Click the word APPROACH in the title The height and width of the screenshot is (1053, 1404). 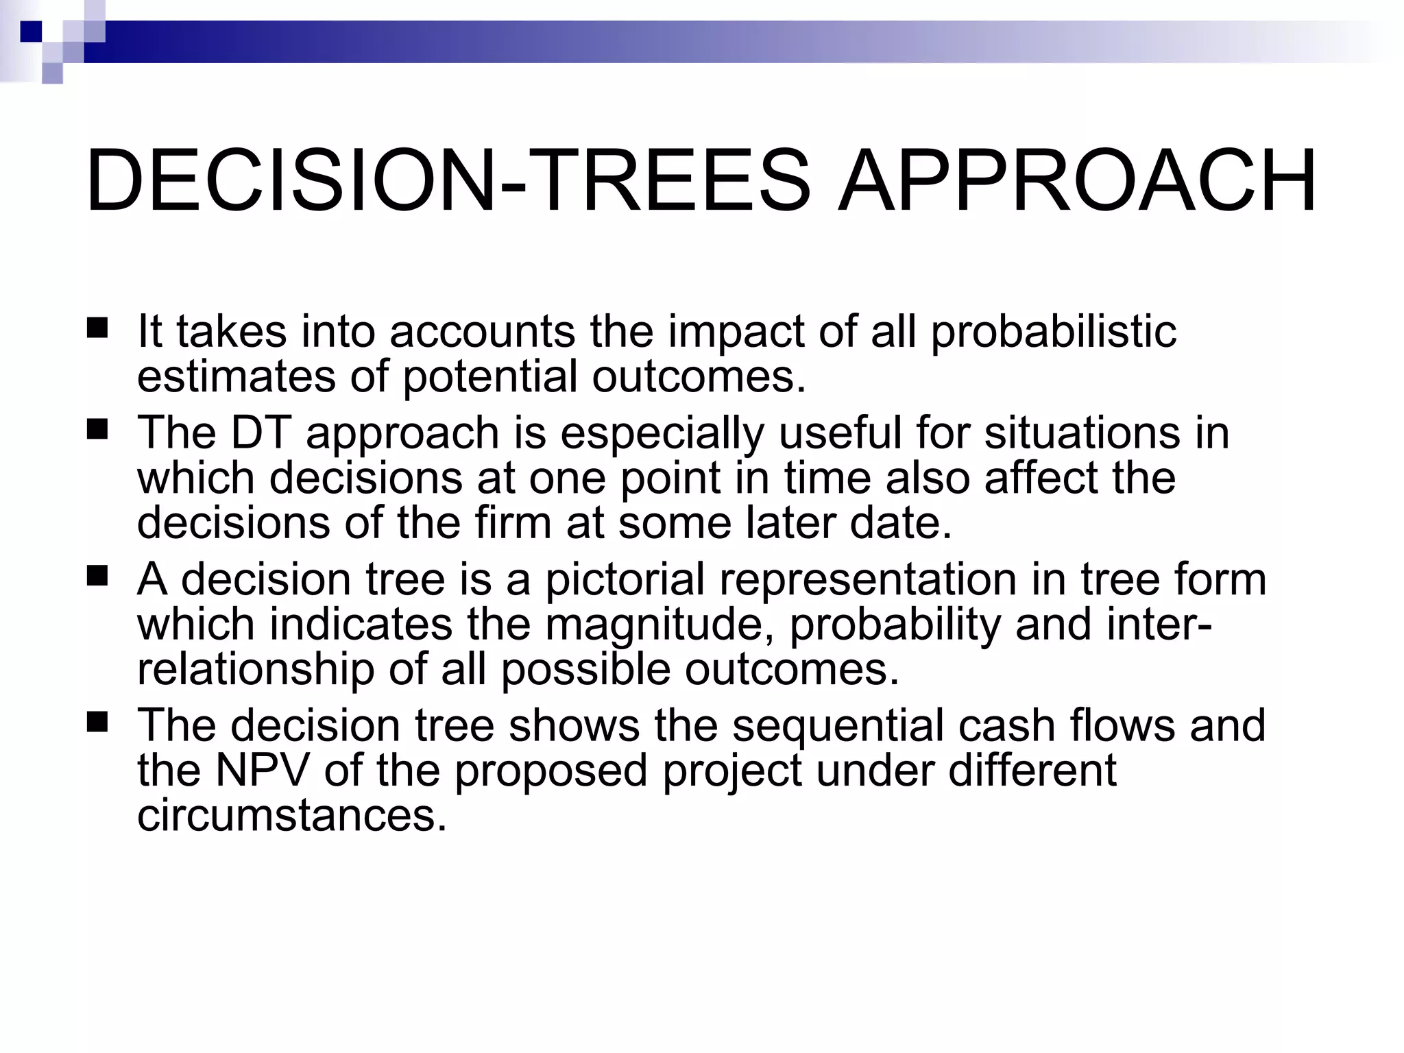pyautogui.click(x=1077, y=180)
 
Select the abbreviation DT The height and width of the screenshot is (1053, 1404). pyautogui.click(x=261, y=433)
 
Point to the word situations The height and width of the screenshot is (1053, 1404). pyautogui.click(x=1082, y=433)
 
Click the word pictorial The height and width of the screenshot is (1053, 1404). pyautogui.click(x=625, y=580)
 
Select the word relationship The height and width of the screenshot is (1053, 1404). pyautogui.click(x=256, y=670)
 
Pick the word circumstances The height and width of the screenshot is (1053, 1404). pyautogui.click(x=292, y=816)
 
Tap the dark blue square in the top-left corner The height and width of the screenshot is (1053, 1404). pyautogui.click(x=31, y=32)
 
